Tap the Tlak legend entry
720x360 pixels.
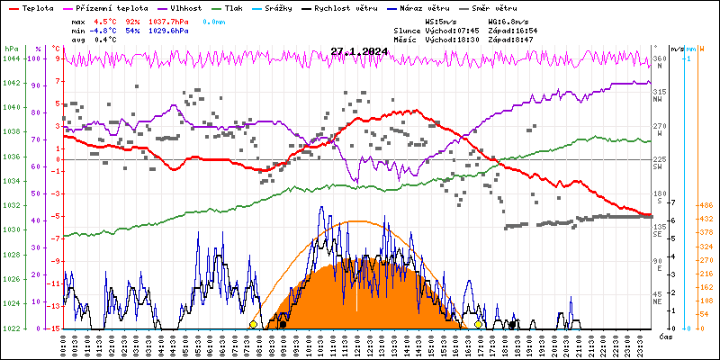coord(234,7)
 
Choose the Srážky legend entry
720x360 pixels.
coord(287,7)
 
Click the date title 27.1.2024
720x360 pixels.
coord(359,52)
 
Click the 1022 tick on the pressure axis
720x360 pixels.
coord(11,328)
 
